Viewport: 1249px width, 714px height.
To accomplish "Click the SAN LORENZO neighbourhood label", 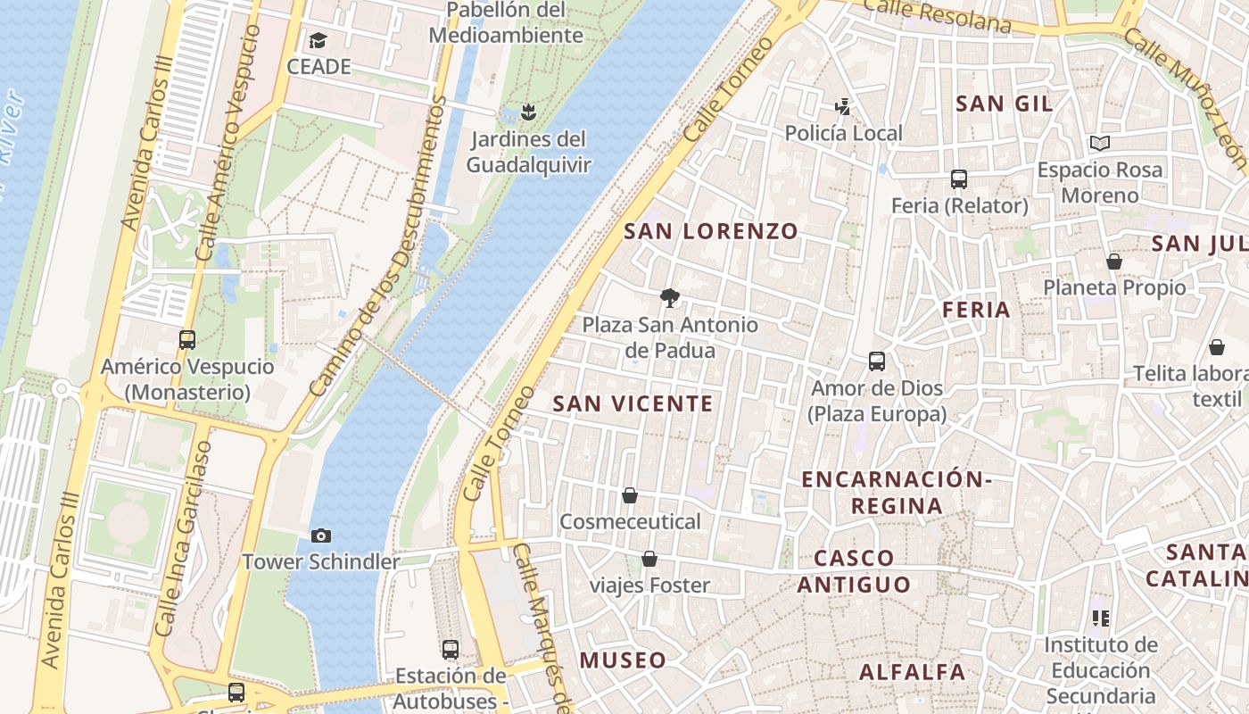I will (x=710, y=231).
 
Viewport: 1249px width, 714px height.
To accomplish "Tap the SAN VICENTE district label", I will (x=633, y=403).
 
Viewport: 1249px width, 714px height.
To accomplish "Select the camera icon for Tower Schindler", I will (x=321, y=535).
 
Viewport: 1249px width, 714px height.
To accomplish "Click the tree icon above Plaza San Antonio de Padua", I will (x=669, y=298).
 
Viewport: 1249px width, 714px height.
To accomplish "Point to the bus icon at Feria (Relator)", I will (x=959, y=179).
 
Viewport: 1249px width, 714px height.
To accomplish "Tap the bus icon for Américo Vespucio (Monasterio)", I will (x=187, y=339).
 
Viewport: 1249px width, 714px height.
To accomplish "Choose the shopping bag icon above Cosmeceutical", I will (x=630, y=495).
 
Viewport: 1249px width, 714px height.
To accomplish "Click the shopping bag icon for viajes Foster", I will (x=649, y=560).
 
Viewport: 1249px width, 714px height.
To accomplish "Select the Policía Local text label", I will (x=843, y=134).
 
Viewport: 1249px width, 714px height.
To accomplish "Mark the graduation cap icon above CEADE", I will (x=318, y=40).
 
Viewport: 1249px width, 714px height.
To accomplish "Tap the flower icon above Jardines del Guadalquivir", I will (x=528, y=112).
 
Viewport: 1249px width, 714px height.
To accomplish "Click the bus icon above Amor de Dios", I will (x=877, y=361).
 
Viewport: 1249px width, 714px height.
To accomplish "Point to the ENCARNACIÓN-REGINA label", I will (x=897, y=493).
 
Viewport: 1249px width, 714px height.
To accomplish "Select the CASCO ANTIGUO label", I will (x=854, y=571).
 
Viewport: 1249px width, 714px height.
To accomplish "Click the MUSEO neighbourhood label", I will (x=623, y=660).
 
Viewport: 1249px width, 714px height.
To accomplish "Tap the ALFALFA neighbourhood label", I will (x=912, y=672).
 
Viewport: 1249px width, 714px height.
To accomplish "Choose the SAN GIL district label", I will (x=1004, y=104).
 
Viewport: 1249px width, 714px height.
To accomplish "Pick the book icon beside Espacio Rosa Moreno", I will (x=1100, y=143).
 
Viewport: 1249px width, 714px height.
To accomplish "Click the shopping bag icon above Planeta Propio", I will (x=1114, y=262).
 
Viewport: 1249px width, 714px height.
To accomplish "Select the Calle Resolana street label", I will (x=938, y=15).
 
